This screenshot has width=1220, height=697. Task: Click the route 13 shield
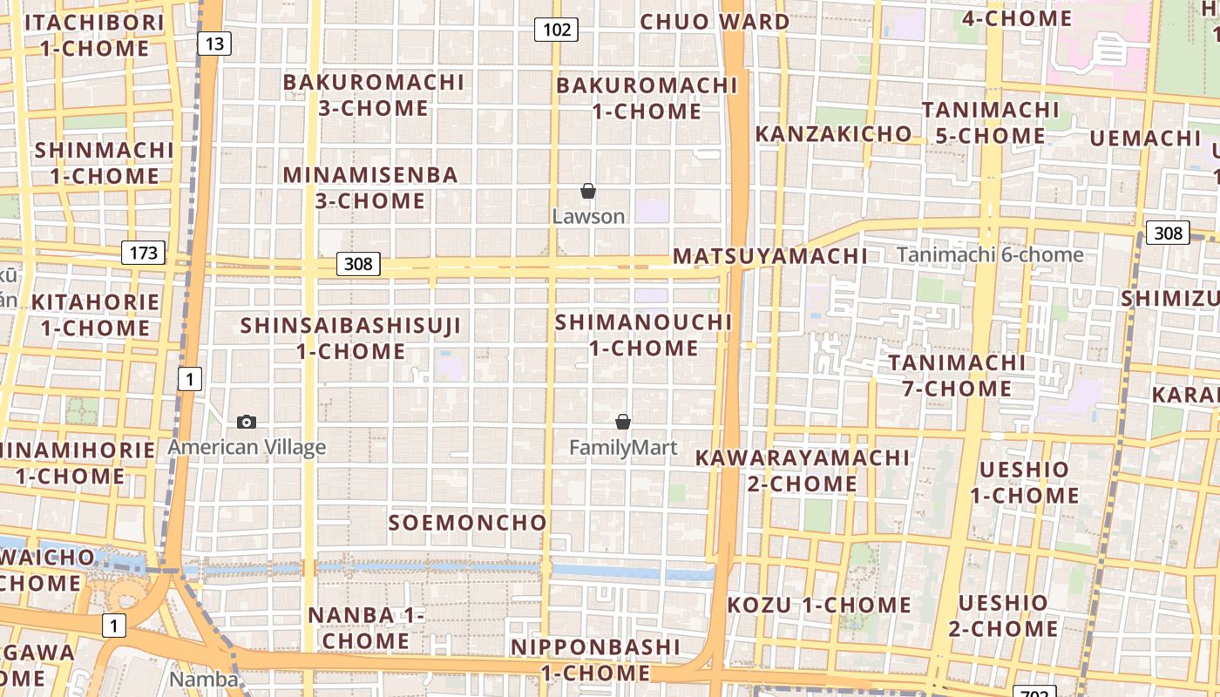(x=213, y=44)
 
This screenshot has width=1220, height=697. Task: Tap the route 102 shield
(x=556, y=30)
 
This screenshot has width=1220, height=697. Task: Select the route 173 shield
(x=143, y=253)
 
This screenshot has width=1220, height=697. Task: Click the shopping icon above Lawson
(x=588, y=191)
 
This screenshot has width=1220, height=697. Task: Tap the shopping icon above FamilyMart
(x=623, y=423)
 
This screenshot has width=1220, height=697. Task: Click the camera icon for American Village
(x=247, y=423)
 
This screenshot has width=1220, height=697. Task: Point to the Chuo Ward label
(x=715, y=22)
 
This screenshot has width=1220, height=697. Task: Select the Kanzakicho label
(x=833, y=134)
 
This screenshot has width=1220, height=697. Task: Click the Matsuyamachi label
(x=769, y=256)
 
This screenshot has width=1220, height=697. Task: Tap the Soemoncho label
(x=467, y=523)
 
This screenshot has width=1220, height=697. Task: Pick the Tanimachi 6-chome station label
(x=990, y=255)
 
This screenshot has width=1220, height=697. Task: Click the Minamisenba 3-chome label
(x=370, y=187)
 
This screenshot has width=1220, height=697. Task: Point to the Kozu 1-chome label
(x=819, y=605)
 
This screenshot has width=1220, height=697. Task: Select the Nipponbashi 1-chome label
(x=595, y=660)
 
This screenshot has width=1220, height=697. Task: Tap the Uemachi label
(x=1145, y=139)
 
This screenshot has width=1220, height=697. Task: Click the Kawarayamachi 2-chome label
(x=802, y=470)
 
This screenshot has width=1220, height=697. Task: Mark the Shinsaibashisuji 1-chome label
(x=350, y=338)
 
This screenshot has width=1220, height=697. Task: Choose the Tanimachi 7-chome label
(x=957, y=375)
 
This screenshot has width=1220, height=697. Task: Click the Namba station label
(x=203, y=680)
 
